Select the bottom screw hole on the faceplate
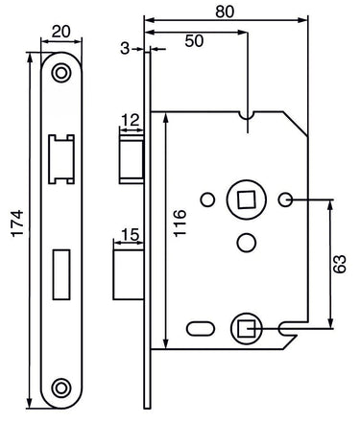click(61, 387)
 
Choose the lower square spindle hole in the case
click(245, 328)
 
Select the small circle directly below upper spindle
click(247, 240)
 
